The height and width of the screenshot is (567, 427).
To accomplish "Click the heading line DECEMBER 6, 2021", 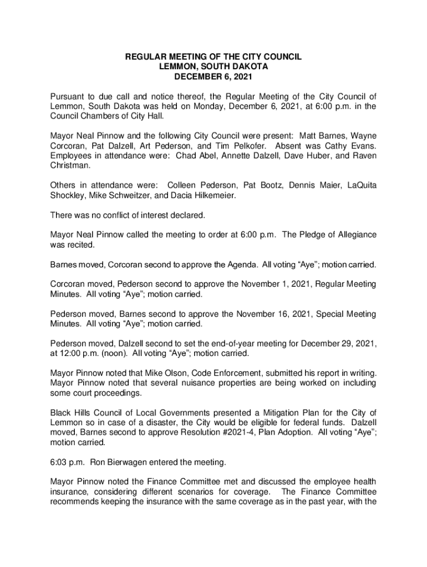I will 213,76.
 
